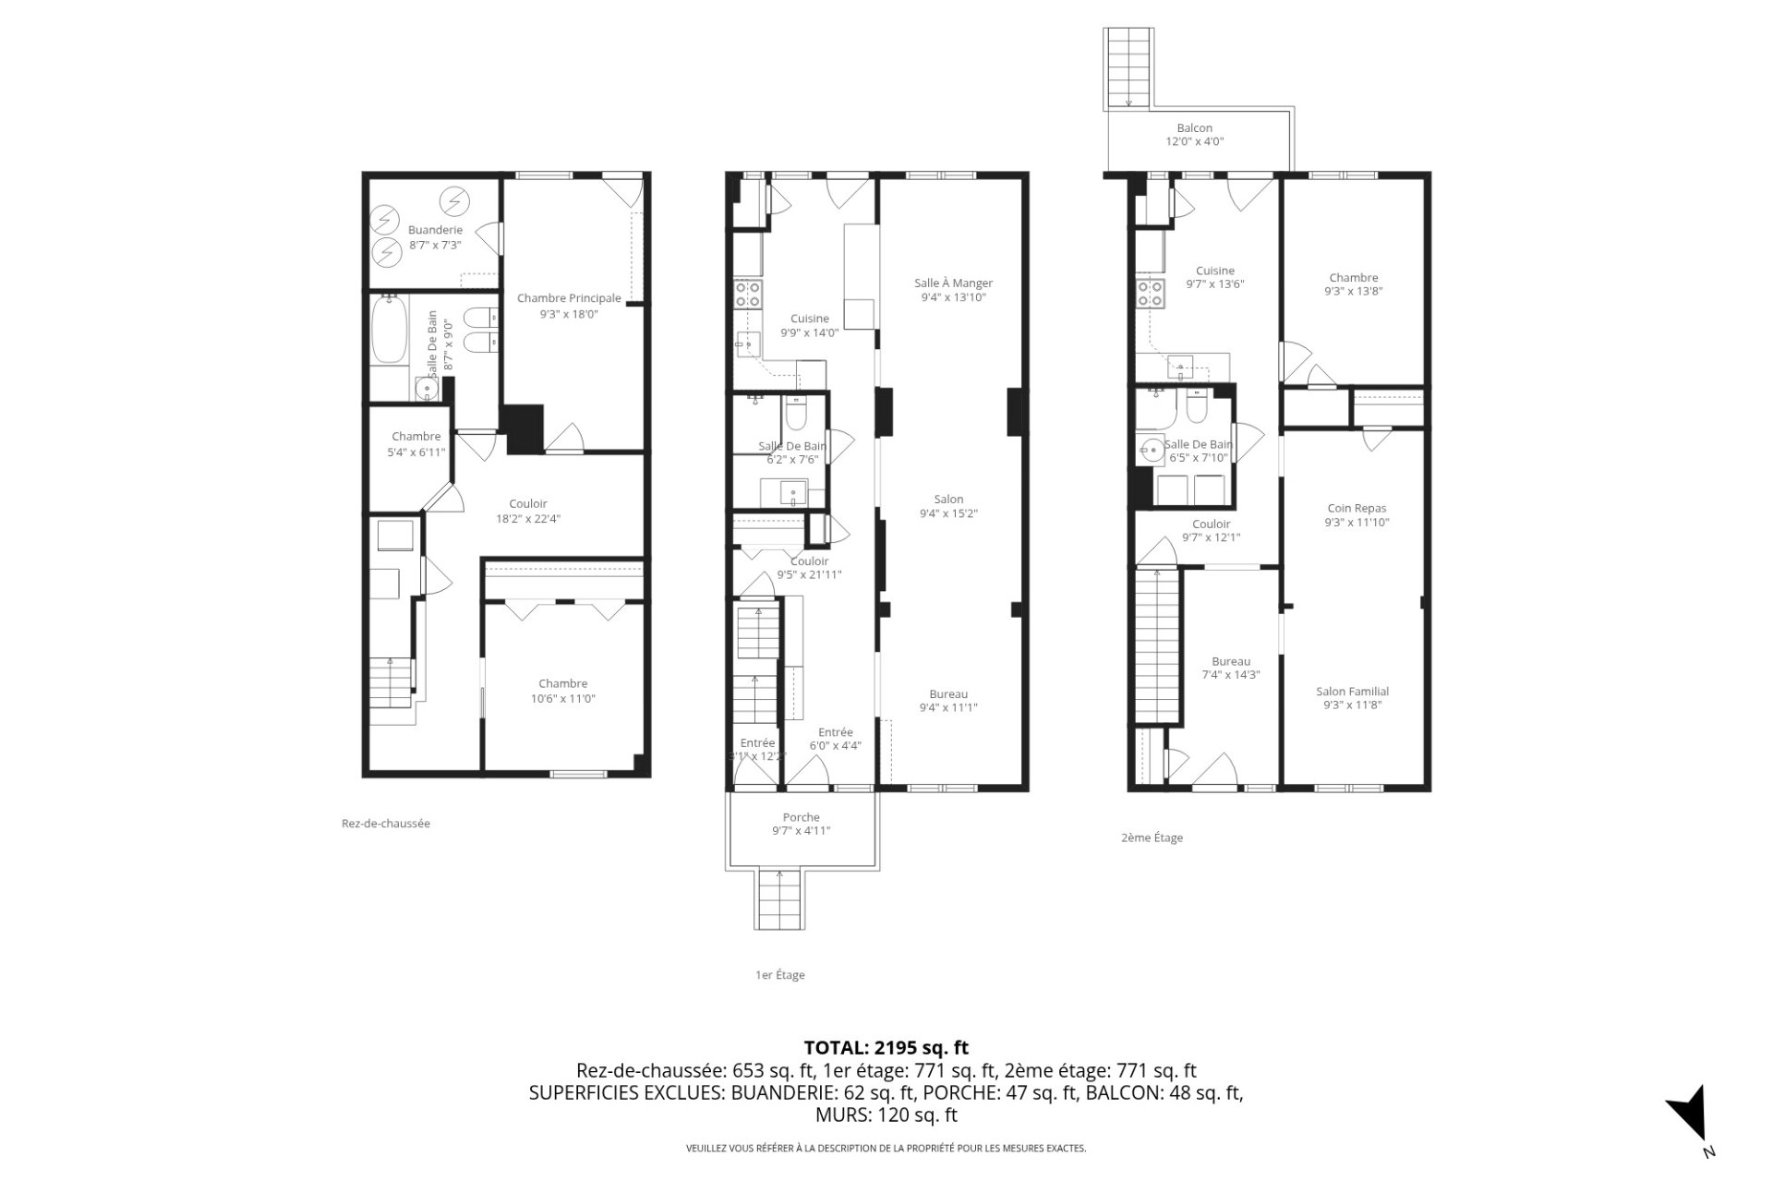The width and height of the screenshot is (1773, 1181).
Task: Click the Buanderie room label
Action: (435, 237)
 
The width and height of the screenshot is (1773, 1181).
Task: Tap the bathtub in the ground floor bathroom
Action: (388, 330)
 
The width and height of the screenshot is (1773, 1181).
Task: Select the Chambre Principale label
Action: (569, 306)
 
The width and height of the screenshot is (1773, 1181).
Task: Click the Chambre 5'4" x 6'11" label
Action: (416, 444)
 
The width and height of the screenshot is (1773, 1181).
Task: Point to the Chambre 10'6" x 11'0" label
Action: (562, 692)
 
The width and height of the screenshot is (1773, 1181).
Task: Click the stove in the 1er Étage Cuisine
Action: (747, 295)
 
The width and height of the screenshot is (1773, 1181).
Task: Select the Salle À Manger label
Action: (953, 290)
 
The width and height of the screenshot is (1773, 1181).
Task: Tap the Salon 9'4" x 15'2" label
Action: (948, 506)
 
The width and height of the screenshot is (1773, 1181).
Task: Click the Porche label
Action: (801, 824)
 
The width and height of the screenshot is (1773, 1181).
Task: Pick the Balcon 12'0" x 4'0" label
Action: (1194, 135)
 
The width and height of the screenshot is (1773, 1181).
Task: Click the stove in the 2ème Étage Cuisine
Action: (1151, 294)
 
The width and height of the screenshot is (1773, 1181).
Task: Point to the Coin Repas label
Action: (1357, 515)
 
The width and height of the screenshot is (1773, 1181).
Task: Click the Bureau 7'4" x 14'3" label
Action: (1230, 668)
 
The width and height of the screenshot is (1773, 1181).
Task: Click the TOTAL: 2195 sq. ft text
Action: (886, 1047)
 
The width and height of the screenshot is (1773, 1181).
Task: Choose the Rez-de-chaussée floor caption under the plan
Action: (385, 824)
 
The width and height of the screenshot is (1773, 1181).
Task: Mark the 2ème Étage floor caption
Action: (1152, 838)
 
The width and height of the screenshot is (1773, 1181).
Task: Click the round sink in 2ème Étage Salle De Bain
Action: (1151, 452)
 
